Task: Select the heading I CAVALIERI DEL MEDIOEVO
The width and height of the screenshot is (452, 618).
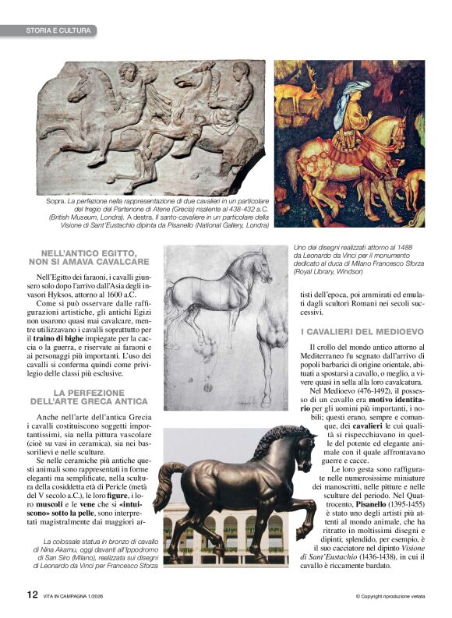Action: pyautogui.click(x=362, y=331)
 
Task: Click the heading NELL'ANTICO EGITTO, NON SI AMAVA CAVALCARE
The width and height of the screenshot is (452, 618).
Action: pyautogui.click(x=94, y=257)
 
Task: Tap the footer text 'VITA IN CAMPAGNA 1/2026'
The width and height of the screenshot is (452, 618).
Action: pyautogui.click(x=77, y=596)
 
